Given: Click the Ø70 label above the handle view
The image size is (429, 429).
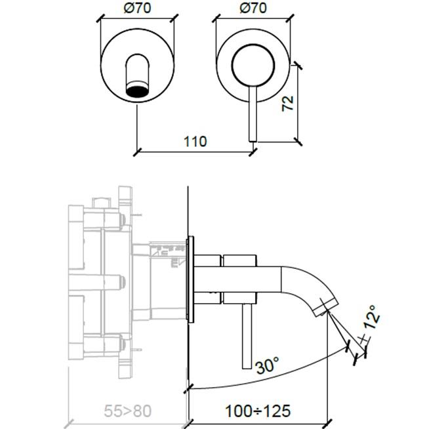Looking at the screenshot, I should coord(253,9).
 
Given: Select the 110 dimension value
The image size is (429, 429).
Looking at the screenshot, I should coord(195,141).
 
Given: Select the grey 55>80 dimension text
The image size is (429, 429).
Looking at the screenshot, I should coord(129,412).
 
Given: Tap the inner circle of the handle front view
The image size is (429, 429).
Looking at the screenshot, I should coord(253,65).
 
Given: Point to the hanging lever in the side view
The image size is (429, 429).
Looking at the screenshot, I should coord(246,338).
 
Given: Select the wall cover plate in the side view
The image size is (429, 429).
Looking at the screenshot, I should coord(191,279).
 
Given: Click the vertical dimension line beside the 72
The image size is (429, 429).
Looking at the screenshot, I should coord(298,103).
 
